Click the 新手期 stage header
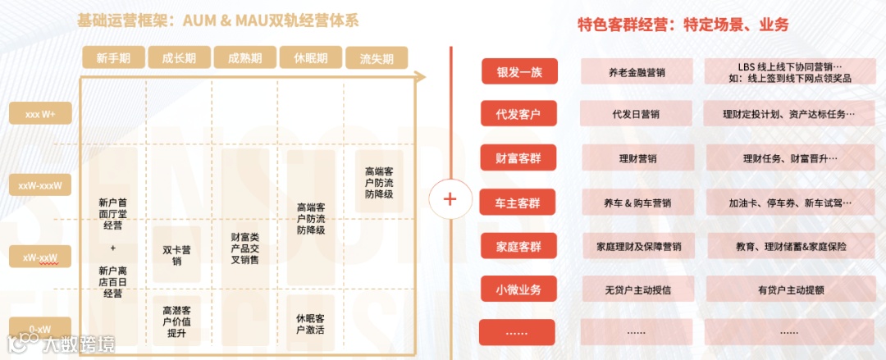point(112,57)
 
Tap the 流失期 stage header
point(377,58)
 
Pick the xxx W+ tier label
point(40,113)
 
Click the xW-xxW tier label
point(40,258)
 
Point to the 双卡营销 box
point(176,254)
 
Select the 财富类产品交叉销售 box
point(244,248)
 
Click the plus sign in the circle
point(450,198)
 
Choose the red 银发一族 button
point(518,71)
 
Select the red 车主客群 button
point(518,202)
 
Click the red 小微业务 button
point(518,288)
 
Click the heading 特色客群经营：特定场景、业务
point(683,25)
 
